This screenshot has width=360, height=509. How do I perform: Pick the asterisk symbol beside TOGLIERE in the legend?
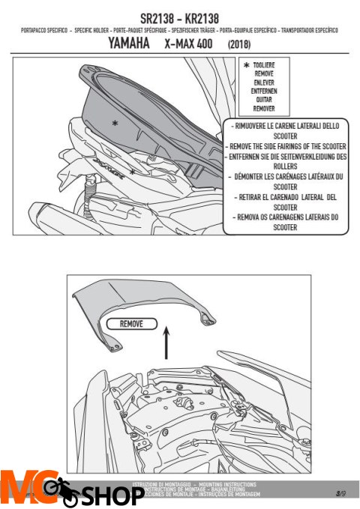(x=246, y=67)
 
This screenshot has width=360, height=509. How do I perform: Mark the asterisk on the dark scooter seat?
(x=114, y=122)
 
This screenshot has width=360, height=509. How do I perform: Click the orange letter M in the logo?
(x=18, y=485)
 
